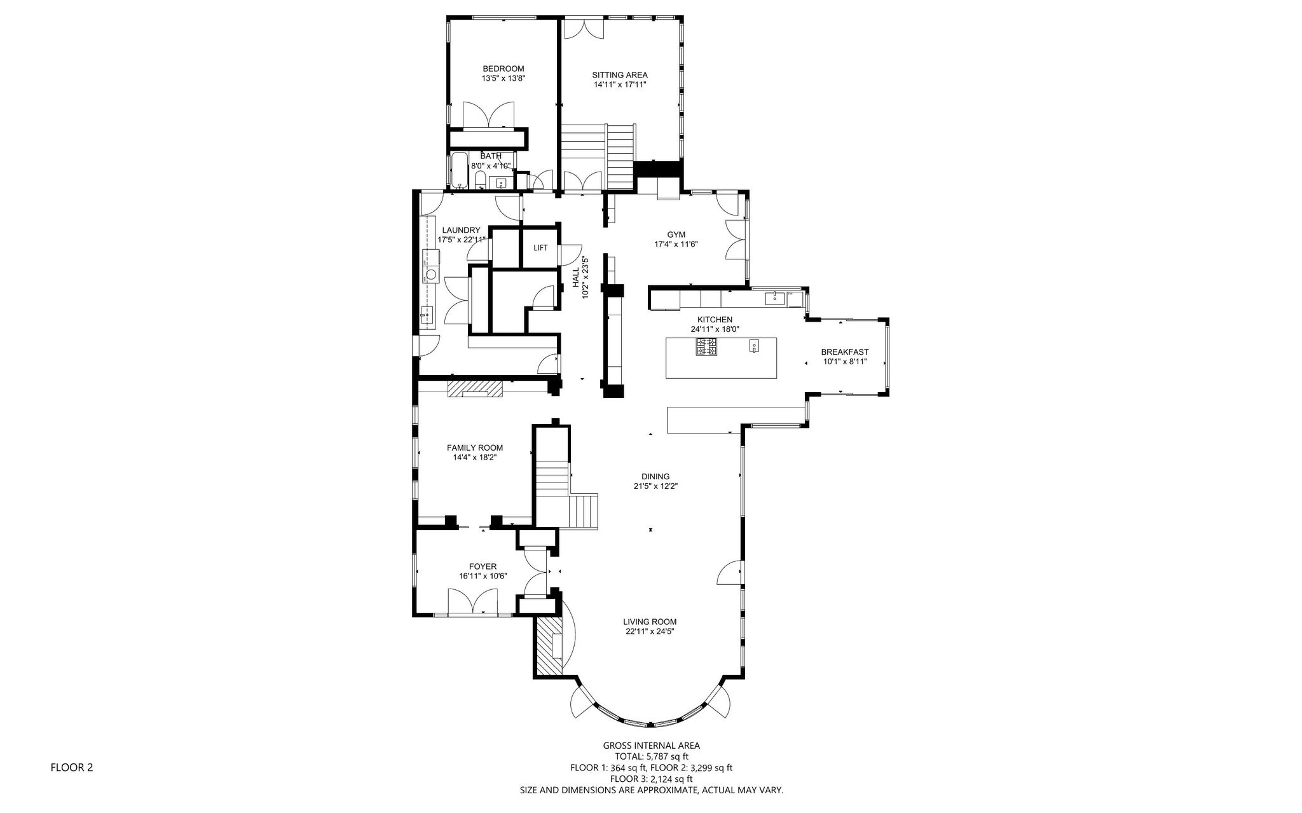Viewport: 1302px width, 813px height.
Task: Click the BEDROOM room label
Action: [x=504, y=69]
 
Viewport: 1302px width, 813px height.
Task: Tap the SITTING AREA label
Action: [x=620, y=74]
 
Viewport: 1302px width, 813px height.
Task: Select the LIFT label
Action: [x=540, y=248]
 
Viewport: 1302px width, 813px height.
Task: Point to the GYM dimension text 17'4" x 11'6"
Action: [x=676, y=244]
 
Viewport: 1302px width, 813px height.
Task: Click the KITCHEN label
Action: [x=715, y=320]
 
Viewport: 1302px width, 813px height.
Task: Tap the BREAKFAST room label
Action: [x=845, y=352]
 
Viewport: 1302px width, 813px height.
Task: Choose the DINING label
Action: [x=655, y=477]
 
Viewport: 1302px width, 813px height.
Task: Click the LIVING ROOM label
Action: [x=650, y=622]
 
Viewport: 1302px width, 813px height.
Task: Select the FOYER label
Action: [x=483, y=566]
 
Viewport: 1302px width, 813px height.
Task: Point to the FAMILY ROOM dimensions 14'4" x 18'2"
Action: [x=475, y=457]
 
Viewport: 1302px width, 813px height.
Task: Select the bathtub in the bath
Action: [x=460, y=170]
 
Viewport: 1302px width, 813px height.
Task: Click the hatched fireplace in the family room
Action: [x=475, y=388]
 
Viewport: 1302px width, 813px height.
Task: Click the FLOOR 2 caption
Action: [x=72, y=767]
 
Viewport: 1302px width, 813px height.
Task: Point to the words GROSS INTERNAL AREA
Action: [x=652, y=746]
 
